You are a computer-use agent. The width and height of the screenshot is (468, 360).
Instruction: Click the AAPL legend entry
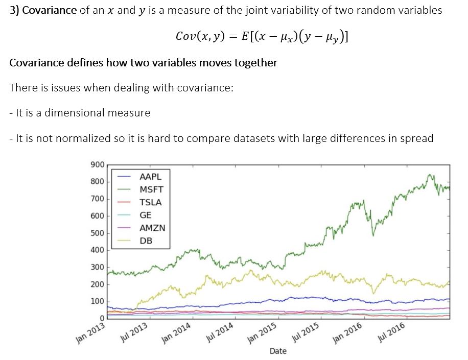coord(150,176)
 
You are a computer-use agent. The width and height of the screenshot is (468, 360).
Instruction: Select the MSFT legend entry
coord(151,189)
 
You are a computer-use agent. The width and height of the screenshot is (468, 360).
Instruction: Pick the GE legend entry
coord(146,215)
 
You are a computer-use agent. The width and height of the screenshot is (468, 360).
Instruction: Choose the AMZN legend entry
coord(152,228)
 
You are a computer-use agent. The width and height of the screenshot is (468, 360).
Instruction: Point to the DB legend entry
coord(146,241)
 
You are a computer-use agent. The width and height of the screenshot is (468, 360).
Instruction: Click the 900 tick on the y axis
coord(97,165)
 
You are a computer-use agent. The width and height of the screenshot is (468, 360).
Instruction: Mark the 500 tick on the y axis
coord(97,233)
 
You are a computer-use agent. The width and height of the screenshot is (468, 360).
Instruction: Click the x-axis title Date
coord(278,351)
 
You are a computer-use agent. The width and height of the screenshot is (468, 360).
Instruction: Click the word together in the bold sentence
coord(255,63)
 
